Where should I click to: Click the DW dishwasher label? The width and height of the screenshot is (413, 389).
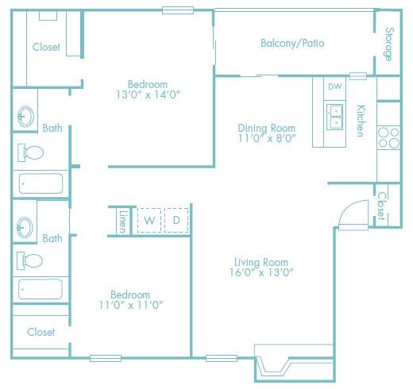pyautogui.click(x=334, y=87)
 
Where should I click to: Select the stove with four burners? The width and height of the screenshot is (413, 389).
pyautogui.click(x=388, y=138)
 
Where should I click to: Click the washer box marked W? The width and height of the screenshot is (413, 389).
pyautogui.click(x=149, y=220)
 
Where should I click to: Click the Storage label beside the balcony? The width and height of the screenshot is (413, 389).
pyautogui.click(x=388, y=44)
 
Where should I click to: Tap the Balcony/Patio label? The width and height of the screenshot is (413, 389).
pyautogui.click(x=292, y=44)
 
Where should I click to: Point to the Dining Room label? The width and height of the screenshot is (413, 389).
pyautogui.click(x=267, y=128)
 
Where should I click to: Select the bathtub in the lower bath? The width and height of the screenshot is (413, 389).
pyautogui.click(x=40, y=290)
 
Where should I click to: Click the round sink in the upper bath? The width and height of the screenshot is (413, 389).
pyautogui.click(x=23, y=117)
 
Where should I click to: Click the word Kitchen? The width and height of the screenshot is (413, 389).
pyautogui.click(x=360, y=121)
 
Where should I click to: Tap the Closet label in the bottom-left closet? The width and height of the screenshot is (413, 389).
pyautogui.click(x=41, y=332)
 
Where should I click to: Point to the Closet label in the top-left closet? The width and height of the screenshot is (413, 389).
pyautogui.click(x=46, y=47)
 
